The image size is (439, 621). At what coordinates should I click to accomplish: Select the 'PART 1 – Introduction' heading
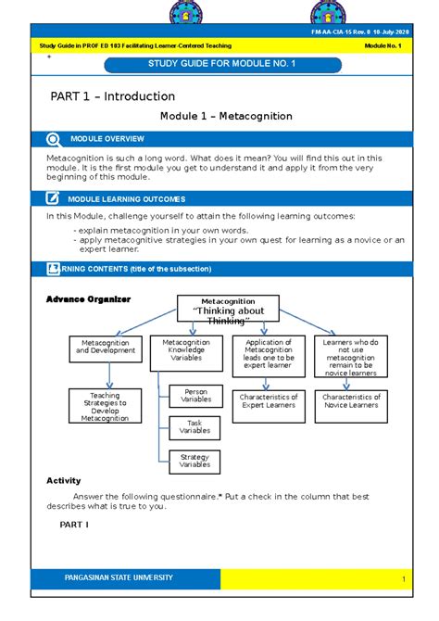click(x=112, y=96)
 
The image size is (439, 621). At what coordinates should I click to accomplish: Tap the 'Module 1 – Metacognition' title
click(x=226, y=117)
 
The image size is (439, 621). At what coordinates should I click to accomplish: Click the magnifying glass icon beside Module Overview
click(x=52, y=139)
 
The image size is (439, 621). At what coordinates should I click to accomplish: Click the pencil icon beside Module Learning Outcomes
click(x=52, y=198)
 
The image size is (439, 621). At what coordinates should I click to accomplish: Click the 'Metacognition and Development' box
click(x=108, y=349)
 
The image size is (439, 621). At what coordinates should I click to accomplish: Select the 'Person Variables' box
click(x=195, y=396)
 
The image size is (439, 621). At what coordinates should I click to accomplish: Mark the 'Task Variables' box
click(x=195, y=426)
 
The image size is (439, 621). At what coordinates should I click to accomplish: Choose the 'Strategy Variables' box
click(x=195, y=460)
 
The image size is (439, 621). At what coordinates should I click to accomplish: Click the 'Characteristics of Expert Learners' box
click(x=268, y=401)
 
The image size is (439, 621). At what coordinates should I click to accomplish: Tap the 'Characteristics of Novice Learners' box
click(x=351, y=401)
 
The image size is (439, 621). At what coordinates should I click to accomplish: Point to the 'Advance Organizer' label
click(x=89, y=299)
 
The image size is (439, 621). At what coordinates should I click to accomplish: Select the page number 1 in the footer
click(x=404, y=579)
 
